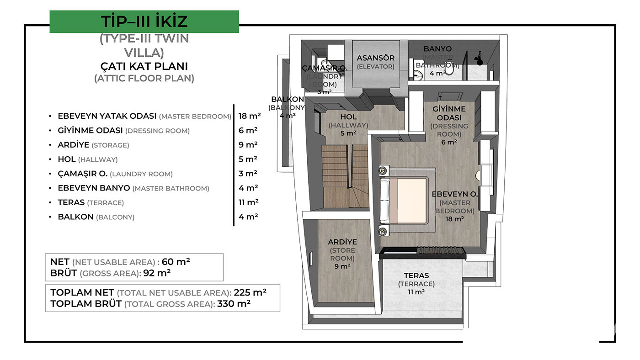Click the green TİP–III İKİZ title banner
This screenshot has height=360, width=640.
point(144,21)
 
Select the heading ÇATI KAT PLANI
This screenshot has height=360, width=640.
point(144,66)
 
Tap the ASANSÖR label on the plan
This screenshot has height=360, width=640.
point(375,58)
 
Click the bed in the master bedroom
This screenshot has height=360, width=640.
point(403,201)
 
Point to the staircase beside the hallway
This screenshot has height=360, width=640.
point(345,176)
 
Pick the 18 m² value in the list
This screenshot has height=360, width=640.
point(250,116)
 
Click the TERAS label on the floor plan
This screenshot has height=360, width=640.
point(416,275)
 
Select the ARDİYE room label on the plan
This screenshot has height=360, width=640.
point(342,242)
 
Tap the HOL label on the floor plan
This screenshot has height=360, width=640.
point(348,117)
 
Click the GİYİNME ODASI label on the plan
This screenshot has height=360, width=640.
point(449,113)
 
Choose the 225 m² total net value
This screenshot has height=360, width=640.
point(250,292)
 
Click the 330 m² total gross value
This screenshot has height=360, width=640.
point(234,303)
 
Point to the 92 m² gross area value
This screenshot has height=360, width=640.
point(157,273)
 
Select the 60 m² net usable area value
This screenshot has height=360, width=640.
point(176,261)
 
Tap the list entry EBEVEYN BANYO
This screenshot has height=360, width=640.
point(94,188)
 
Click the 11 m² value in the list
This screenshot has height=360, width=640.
point(248,202)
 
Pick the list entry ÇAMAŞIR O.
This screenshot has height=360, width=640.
point(83,174)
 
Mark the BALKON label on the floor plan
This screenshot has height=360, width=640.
point(288,99)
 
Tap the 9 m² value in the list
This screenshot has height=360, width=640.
point(248,145)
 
